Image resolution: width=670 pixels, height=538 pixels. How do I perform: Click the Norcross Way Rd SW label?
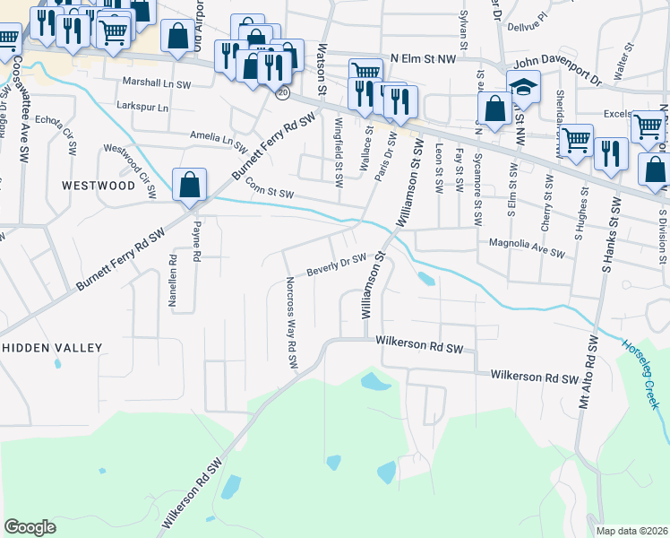point(291,333)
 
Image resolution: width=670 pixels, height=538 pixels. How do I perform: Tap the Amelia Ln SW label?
point(218,135)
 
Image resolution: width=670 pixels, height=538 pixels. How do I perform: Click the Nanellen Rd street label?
point(173,282)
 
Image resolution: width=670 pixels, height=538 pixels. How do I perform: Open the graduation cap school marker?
point(523,88)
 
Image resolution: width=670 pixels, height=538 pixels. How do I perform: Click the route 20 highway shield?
point(283,92)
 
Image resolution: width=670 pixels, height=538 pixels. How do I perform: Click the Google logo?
point(30,527)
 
